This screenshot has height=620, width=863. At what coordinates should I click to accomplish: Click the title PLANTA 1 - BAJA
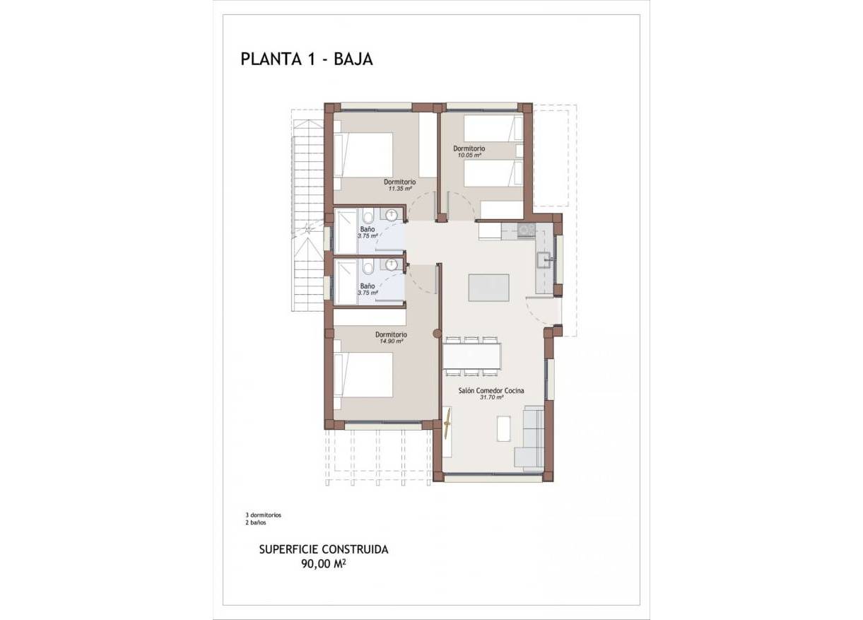[x=306, y=59]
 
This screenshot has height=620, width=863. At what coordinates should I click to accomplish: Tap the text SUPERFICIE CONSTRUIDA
[x=324, y=549]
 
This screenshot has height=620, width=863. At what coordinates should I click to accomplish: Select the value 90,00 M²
[x=324, y=563]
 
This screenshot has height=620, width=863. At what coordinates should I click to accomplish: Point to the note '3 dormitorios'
[x=263, y=515]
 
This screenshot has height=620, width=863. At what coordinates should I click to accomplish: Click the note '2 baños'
[x=255, y=523]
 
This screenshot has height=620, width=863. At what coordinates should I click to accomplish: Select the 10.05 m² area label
[x=469, y=155]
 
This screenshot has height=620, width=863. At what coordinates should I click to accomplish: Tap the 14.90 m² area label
[x=390, y=341]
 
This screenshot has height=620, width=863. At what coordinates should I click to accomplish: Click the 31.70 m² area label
[x=491, y=397]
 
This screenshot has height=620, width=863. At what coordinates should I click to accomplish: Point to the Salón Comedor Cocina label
[x=491, y=390]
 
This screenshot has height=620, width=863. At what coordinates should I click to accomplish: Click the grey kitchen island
[x=488, y=288]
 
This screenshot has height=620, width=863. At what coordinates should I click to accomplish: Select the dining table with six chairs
[x=472, y=356]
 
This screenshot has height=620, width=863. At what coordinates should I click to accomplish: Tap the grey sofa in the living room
[x=530, y=438]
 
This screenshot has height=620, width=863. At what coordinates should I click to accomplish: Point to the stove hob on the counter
[x=526, y=230]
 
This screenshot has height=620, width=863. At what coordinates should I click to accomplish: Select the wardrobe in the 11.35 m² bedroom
[x=428, y=145]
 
